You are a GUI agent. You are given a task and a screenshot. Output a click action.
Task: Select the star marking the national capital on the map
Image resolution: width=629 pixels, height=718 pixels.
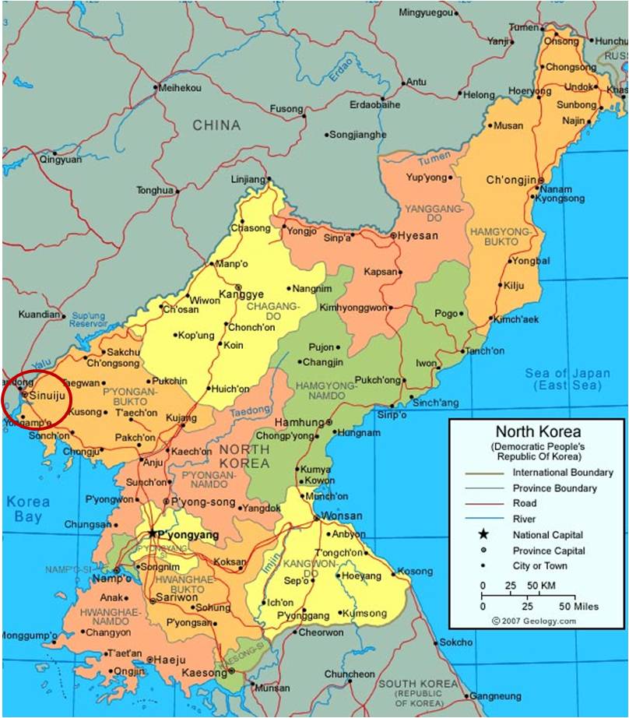(152, 533)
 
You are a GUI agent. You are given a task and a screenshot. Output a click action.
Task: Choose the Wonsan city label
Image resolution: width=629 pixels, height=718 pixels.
(343, 516)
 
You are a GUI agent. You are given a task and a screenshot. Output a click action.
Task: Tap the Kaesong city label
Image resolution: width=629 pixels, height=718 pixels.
(202, 671)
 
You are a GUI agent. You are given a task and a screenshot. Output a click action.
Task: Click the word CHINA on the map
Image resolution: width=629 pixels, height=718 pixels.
(217, 125)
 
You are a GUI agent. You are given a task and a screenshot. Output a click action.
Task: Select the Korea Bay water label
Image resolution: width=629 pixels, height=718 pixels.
(28, 509)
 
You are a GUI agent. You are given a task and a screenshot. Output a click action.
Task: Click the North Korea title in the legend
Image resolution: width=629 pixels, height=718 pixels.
(538, 432)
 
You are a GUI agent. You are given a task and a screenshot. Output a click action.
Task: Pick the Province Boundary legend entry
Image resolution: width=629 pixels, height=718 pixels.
(554, 488)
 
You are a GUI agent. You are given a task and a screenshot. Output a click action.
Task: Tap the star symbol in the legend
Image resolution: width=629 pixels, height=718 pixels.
(483, 534)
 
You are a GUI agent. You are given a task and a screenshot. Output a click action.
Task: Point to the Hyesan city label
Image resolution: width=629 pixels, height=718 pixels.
(419, 236)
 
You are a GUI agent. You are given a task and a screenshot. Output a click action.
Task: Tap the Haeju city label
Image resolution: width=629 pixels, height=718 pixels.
(170, 660)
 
